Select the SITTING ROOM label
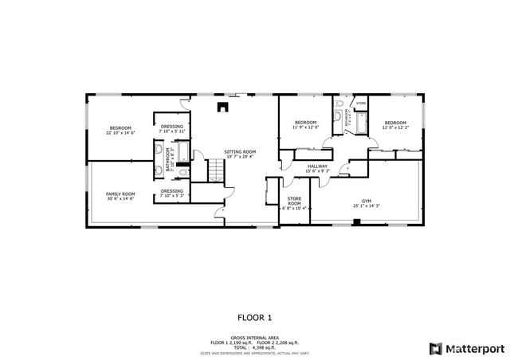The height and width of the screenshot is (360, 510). click(239, 155)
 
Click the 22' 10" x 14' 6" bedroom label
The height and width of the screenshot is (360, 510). click(120, 131)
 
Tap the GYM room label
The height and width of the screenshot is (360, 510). click(366, 203)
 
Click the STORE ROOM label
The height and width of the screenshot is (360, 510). click(294, 204)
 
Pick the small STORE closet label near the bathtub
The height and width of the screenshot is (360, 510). click(361, 104)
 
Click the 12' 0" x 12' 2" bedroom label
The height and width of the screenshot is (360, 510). click(395, 125)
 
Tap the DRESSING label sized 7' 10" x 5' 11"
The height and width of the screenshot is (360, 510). click(172, 129)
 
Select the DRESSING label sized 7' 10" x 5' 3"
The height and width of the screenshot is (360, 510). click(172, 194)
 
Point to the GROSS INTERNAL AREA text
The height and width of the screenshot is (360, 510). click(254, 338)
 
